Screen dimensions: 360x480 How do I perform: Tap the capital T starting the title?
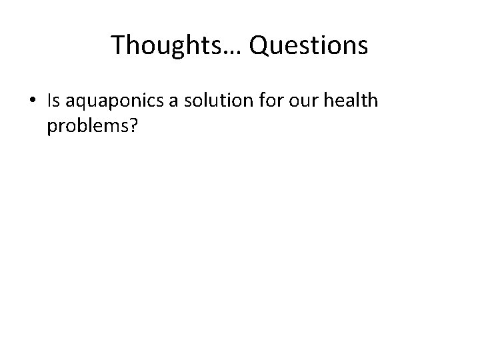(x=119, y=45)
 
